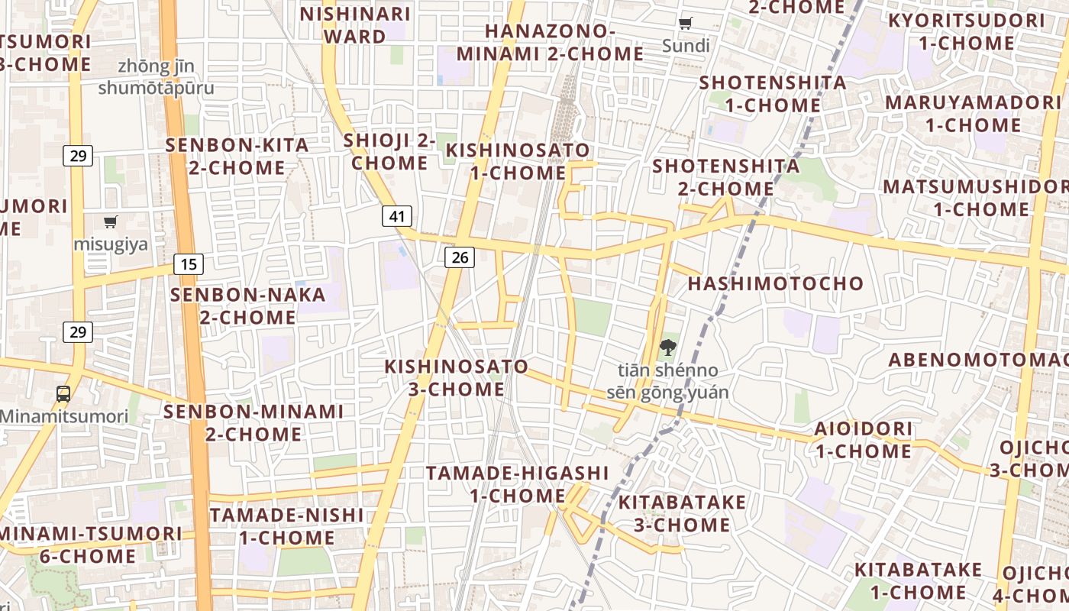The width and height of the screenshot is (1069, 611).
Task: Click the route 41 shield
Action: tap(397, 216)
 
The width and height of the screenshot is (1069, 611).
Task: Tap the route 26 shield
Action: tap(460, 257)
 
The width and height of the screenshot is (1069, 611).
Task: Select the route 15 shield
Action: tap(189, 264)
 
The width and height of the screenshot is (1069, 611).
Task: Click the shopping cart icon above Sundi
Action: tap(685, 24)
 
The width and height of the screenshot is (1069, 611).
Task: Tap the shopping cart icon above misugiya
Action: tap(111, 222)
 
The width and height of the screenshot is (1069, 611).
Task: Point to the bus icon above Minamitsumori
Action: tap(63, 394)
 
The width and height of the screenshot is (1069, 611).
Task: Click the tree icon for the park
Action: tap(667, 348)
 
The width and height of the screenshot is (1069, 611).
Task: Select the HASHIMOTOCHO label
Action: tap(776, 283)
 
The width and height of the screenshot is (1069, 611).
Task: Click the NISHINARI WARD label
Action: tap(355, 25)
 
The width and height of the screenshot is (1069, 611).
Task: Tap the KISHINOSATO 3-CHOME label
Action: tap(456, 378)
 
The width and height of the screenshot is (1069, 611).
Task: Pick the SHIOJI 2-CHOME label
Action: tap(389, 151)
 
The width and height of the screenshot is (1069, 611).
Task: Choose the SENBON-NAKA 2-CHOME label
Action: tap(248, 305)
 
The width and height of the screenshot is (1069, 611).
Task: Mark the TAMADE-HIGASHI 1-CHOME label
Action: tap(517, 484)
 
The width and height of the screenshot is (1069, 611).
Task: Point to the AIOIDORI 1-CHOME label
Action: tap(863, 440)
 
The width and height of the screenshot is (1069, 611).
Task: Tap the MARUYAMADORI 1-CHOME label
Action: tap(974, 114)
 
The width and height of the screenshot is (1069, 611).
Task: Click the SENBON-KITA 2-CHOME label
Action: tap(237, 156)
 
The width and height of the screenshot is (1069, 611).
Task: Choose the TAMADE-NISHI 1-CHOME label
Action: tap(286, 526)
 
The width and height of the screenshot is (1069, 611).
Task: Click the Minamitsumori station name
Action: tap(64, 417)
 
